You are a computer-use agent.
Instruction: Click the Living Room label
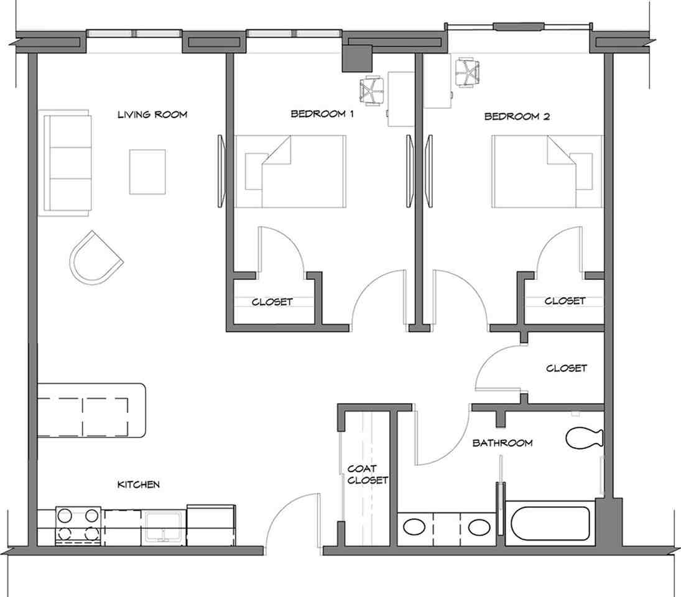(x=152, y=114)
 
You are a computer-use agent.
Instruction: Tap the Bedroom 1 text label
(x=322, y=114)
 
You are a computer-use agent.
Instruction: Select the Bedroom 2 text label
(x=517, y=116)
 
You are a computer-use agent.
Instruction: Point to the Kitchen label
(x=139, y=484)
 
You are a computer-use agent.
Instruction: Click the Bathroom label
(x=503, y=443)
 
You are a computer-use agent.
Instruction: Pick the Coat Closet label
(x=368, y=474)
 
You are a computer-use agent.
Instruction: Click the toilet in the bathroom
(x=585, y=438)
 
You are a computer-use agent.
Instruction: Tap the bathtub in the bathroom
(x=550, y=523)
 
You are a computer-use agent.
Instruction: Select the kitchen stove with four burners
(x=78, y=525)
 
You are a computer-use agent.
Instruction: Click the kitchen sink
(x=164, y=527)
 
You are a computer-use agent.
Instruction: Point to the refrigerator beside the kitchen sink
(x=211, y=525)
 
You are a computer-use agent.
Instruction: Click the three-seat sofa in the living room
(x=65, y=163)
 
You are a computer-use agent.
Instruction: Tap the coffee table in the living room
(x=147, y=172)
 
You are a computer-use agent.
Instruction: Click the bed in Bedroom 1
(x=290, y=172)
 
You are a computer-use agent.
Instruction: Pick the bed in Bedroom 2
(x=547, y=172)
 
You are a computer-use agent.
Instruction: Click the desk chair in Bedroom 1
(x=372, y=91)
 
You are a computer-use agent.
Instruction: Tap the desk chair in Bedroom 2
(x=467, y=73)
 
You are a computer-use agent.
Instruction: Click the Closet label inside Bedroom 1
(x=272, y=302)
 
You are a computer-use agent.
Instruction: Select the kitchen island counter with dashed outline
(x=91, y=410)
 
